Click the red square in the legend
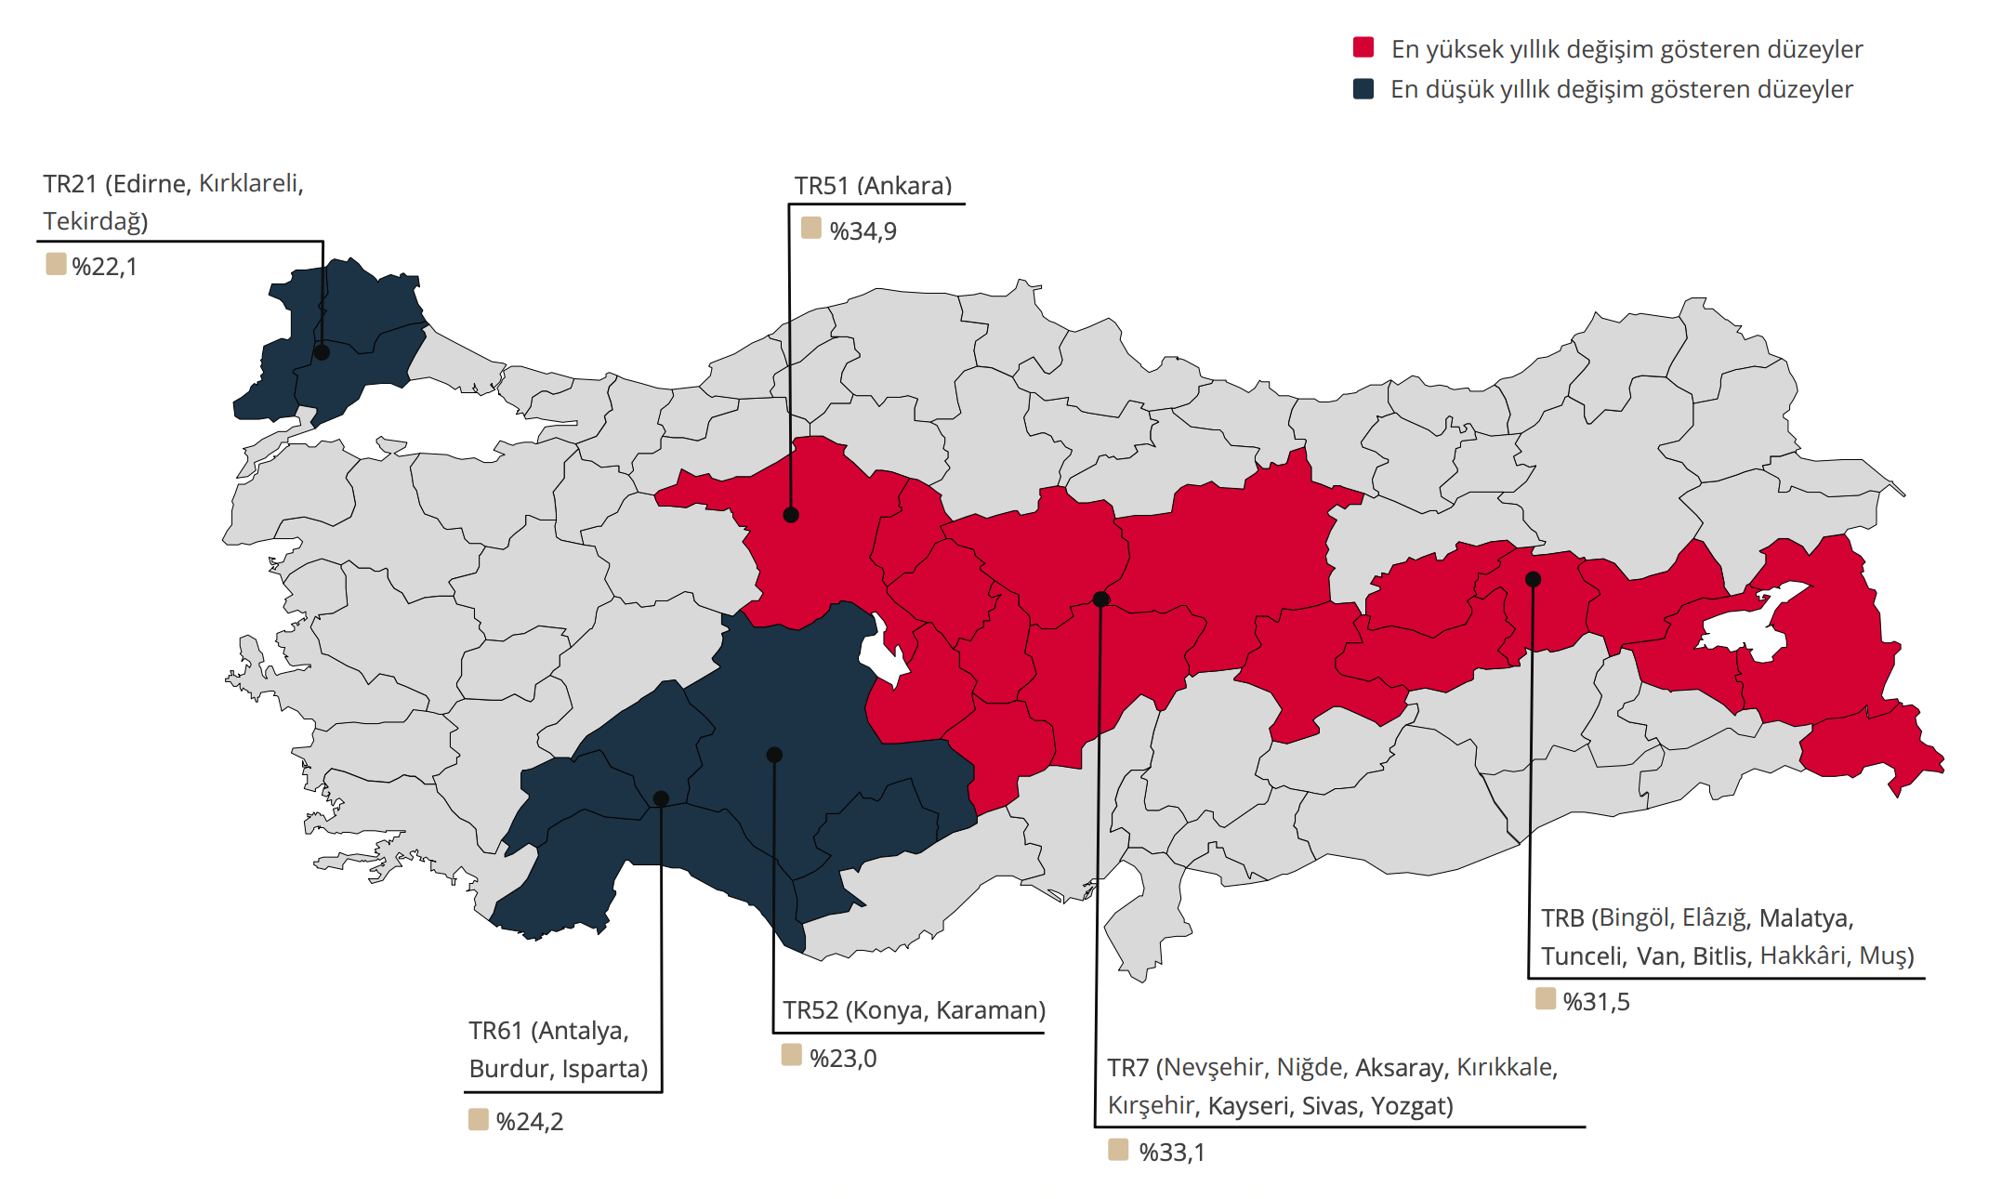(1363, 48)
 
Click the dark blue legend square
(1363, 89)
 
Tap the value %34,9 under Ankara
(863, 231)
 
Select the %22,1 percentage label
(104, 267)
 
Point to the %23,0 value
(842, 1059)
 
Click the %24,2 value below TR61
(529, 1122)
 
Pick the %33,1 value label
(1171, 1153)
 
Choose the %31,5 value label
(1596, 1002)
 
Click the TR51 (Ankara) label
(873, 186)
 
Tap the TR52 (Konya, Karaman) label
(914, 1010)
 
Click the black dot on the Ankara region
(791, 515)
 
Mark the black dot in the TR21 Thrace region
(322, 352)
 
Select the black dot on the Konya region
(774, 755)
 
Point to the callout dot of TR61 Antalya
(661, 798)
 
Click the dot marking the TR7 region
(1100, 599)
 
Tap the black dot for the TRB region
(1533, 579)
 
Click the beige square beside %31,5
(1545, 999)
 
